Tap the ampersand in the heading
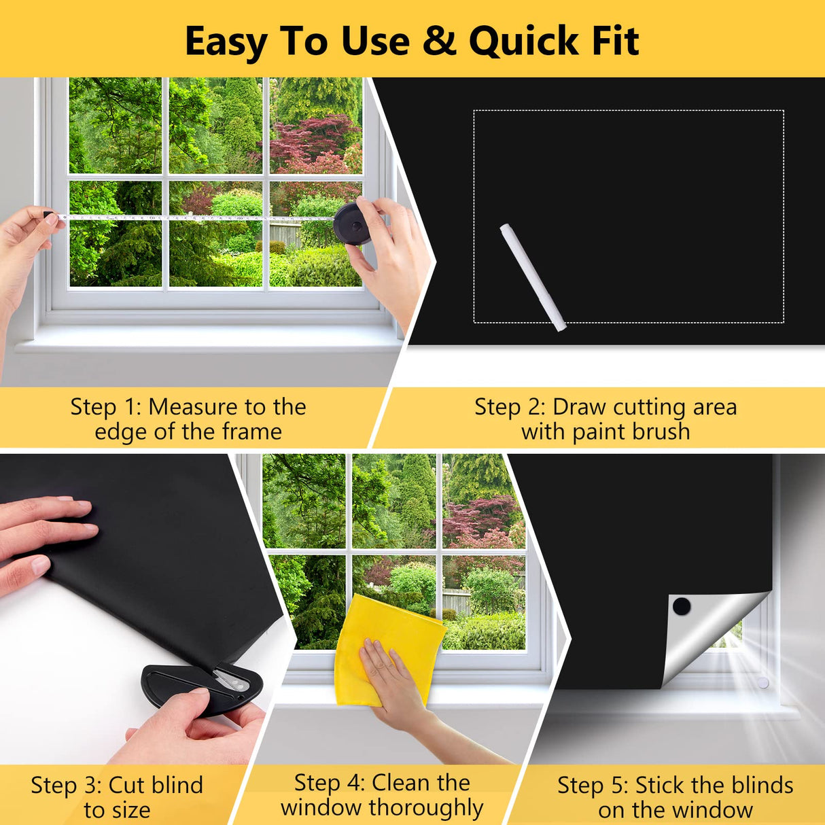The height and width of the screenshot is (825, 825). tap(439, 41)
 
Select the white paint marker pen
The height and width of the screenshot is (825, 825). tap(533, 277)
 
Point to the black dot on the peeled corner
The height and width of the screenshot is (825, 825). tap(681, 606)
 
